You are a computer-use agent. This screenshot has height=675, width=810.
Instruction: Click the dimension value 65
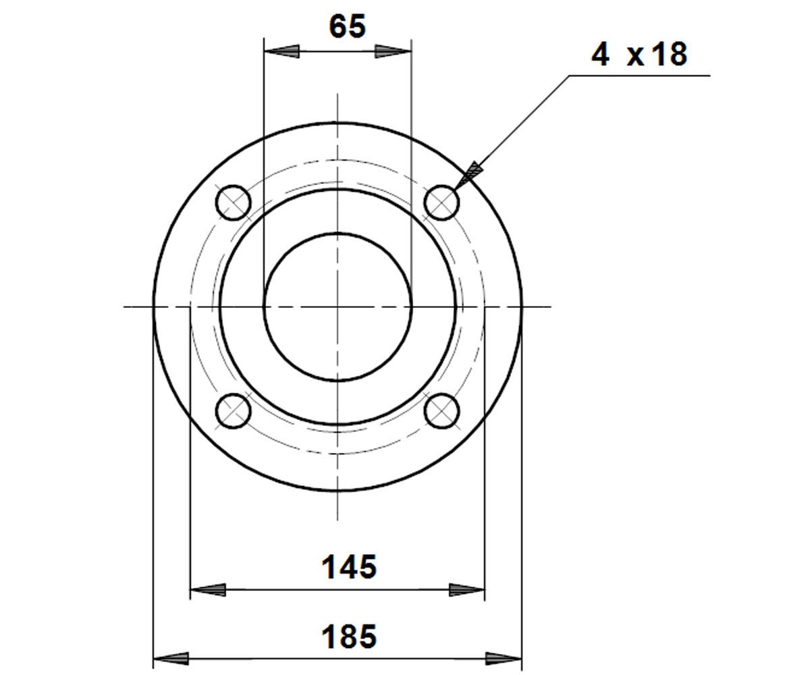pyautogui.click(x=347, y=26)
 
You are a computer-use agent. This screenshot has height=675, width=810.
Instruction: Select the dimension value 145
pyautogui.click(x=349, y=567)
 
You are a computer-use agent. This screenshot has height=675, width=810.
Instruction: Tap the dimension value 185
pyautogui.click(x=349, y=637)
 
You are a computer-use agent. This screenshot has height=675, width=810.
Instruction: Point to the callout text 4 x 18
pyautogui.click(x=639, y=54)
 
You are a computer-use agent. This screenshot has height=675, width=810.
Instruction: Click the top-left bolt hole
pyautogui.click(x=233, y=203)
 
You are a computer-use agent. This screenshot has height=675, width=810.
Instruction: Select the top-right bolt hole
pyautogui.click(x=441, y=203)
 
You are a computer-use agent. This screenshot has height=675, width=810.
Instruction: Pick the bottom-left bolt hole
pyautogui.click(x=233, y=411)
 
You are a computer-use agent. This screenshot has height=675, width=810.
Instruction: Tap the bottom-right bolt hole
pyautogui.click(x=441, y=411)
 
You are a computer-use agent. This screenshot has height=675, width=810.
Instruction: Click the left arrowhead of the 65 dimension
pyautogui.click(x=281, y=51)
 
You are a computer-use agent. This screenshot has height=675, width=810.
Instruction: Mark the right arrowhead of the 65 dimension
pyautogui.click(x=393, y=51)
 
